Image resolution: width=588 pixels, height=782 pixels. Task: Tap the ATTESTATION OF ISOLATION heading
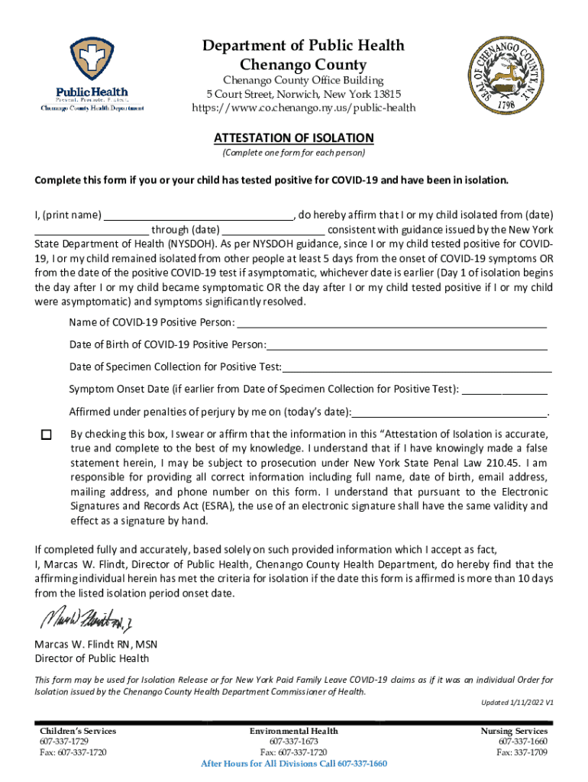point(293,138)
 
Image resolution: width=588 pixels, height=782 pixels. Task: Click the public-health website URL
point(303,108)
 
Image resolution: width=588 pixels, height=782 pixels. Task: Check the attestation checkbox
point(46,435)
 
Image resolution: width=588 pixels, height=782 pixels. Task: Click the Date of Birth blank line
point(407,344)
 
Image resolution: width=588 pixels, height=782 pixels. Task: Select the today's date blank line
point(450,412)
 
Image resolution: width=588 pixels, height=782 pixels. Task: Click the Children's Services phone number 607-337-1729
point(66,742)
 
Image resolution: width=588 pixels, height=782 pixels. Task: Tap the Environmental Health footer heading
point(293,731)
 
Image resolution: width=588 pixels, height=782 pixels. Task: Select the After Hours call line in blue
point(293,764)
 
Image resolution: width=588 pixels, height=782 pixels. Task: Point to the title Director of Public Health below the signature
point(92,658)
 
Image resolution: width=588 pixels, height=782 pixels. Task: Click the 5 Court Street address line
point(303,94)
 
